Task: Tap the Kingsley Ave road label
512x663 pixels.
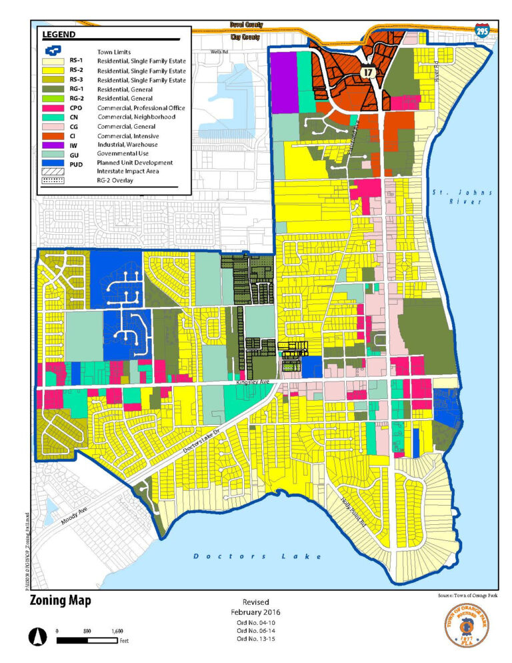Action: coord(254,384)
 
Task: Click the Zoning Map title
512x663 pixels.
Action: coord(60,600)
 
